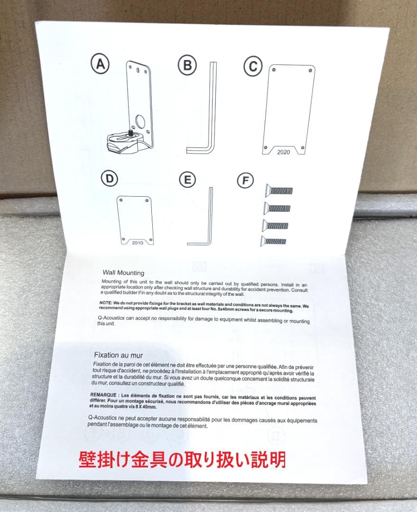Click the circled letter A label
coord(100,65)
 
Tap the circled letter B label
coord(188,65)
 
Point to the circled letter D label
coord(109,179)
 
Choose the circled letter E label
coord(187,180)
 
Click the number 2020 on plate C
coord(283,152)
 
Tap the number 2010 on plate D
coord(137,242)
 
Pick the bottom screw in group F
coord(273,241)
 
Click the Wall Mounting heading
coord(123,273)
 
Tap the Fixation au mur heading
coord(118,355)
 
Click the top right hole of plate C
coord(310,71)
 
